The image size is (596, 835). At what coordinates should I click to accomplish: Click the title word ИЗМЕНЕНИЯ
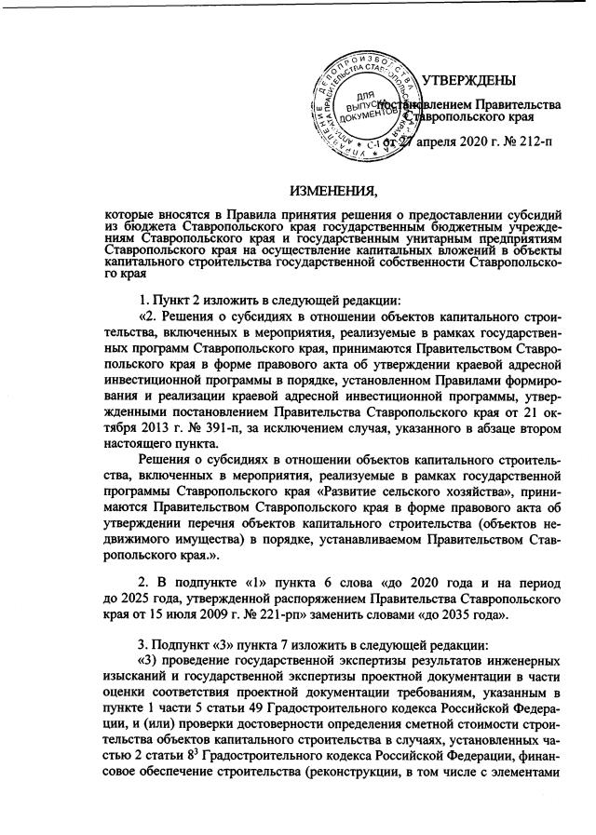(333, 193)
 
